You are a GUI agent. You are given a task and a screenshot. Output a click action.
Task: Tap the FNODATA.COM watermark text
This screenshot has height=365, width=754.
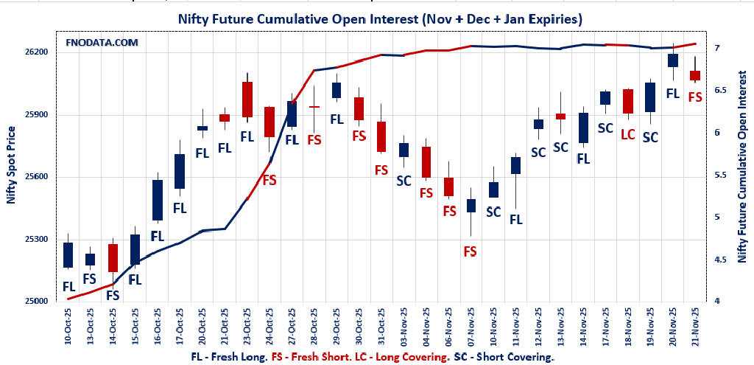(x=102, y=43)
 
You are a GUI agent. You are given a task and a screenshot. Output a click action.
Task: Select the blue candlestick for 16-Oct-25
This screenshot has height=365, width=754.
(x=158, y=200)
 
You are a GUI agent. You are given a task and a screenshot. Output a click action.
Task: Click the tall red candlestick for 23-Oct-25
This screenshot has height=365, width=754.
(x=247, y=100)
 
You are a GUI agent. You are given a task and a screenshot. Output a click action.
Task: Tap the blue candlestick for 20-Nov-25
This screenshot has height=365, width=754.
(x=673, y=60)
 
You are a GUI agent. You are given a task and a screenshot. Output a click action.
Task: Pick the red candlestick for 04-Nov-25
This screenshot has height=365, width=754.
(x=426, y=162)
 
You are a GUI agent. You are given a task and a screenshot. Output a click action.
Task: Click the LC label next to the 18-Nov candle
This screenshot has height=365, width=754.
(x=628, y=134)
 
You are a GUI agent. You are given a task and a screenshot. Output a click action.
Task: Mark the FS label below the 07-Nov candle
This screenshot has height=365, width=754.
(x=471, y=251)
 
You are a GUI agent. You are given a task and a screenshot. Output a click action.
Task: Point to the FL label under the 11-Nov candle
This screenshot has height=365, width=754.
(x=516, y=219)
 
